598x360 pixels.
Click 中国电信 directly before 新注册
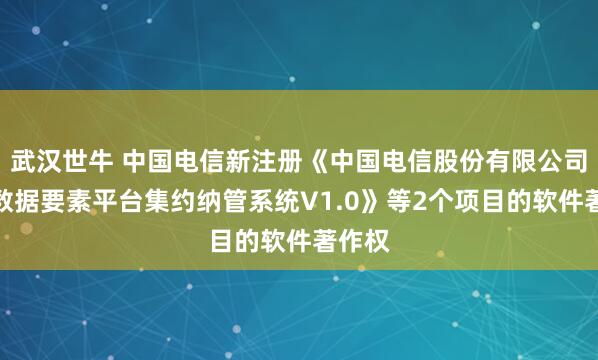click(x=182, y=158)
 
